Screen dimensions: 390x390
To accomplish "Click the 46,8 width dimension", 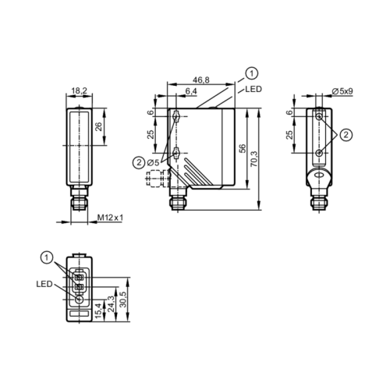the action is pyautogui.click(x=200, y=80).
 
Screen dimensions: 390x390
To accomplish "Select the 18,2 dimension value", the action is pyautogui.click(x=80, y=90).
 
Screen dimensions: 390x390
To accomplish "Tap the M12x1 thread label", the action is pyautogui.click(x=110, y=218).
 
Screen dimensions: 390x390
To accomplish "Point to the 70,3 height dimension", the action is pyautogui.click(x=254, y=159).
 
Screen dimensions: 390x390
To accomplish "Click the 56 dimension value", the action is pyautogui.click(x=242, y=148).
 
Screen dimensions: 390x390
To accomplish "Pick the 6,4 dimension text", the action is pyautogui.click(x=191, y=91).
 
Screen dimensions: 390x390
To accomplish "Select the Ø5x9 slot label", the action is pyautogui.click(x=342, y=91).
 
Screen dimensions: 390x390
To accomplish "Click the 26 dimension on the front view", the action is pyautogui.click(x=98, y=126).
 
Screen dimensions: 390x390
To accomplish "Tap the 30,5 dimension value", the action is pyautogui.click(x=124, y=300).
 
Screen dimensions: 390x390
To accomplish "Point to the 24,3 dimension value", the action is pyautogui.click(x=111, y=304).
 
